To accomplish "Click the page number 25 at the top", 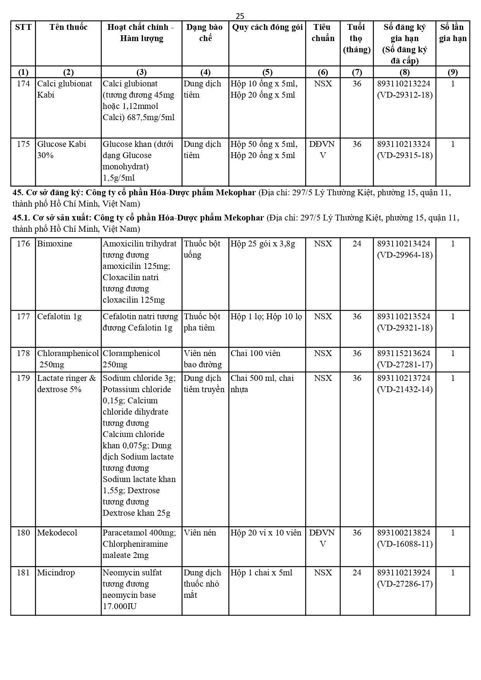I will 240,16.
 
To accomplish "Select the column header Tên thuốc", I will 68,27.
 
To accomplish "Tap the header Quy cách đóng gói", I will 267,27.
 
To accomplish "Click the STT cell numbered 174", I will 23,84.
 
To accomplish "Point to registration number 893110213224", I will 404,84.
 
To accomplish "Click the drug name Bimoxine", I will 55,244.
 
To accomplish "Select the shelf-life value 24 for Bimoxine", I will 357,244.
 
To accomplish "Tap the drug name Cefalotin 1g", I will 59,317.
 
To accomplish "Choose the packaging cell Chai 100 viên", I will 255,353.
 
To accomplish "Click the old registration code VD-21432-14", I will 405,389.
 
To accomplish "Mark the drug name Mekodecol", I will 57,533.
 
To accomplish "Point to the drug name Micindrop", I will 56,573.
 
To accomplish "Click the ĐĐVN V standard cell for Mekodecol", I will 322,538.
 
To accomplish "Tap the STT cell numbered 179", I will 23,378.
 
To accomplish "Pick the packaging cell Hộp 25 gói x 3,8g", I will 263,244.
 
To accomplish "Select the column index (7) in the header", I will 357,72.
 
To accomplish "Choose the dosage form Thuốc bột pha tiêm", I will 202,322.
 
